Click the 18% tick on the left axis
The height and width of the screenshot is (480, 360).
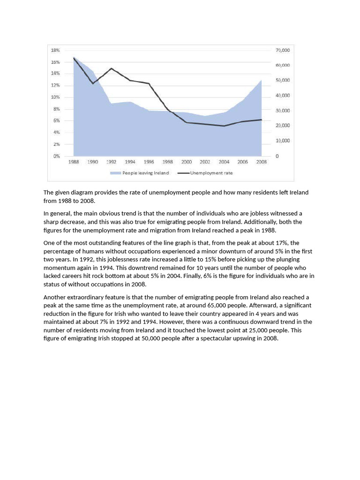tap(55, 50)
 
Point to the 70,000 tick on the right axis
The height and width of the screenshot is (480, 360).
tap(283, 50)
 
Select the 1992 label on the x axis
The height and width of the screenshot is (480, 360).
tap(111, 162)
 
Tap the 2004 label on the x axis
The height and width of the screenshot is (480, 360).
tap(224, 162)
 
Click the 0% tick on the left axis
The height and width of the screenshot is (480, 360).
tap(56, 156)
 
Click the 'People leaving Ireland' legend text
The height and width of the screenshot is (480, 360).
tap(145, 173)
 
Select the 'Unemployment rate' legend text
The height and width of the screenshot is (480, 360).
tap(211, 173)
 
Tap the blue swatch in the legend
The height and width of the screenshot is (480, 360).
tap(115, 173)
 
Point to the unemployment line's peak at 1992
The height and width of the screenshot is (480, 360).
tap(111, 68)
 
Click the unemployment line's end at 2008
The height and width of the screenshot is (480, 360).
tap(261, 120)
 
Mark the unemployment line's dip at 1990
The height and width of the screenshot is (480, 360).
tap(93, 83)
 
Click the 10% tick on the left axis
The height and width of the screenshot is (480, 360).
tap(56, 97)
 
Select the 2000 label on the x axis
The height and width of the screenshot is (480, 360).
tap(186, 162)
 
